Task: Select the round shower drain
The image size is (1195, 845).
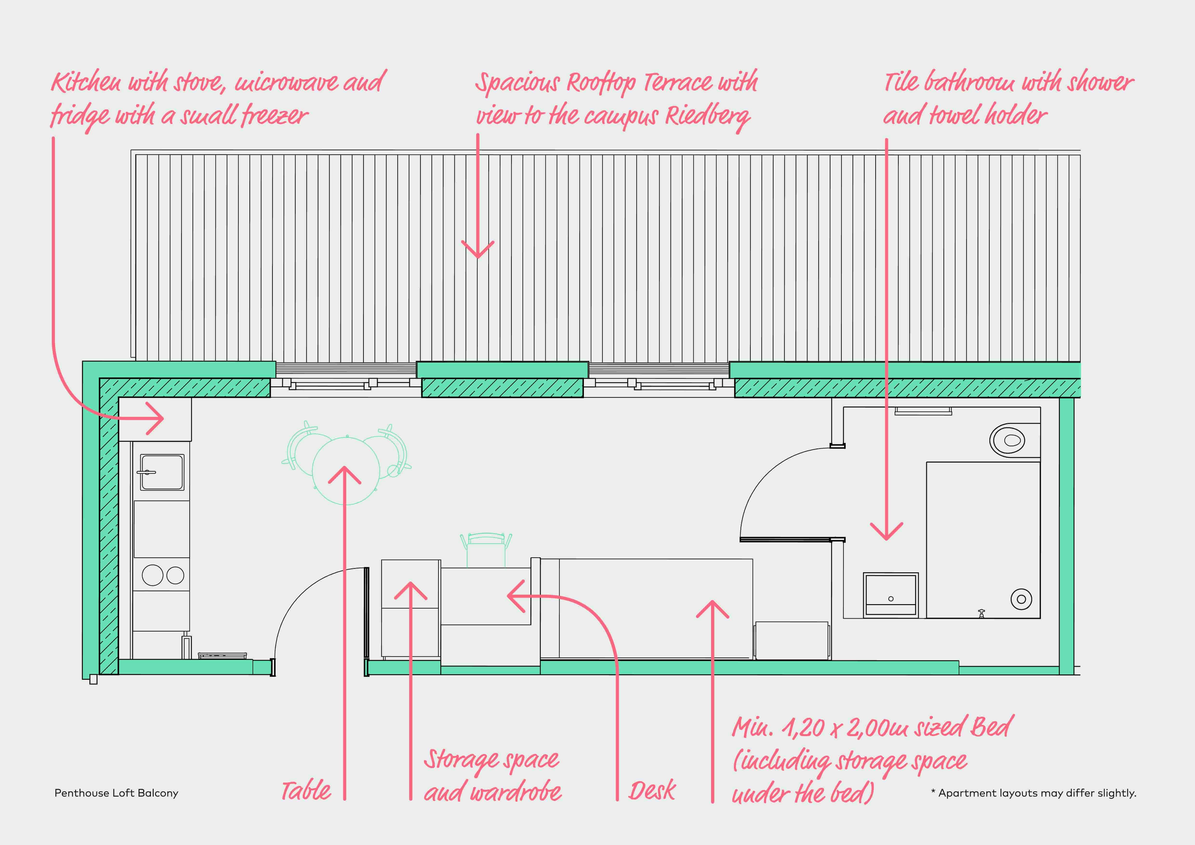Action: [1021, 599]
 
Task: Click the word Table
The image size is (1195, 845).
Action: [306, 791]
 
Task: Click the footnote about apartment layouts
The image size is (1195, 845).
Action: [1033, 793]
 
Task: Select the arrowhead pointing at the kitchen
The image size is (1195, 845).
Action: [156, 418]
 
